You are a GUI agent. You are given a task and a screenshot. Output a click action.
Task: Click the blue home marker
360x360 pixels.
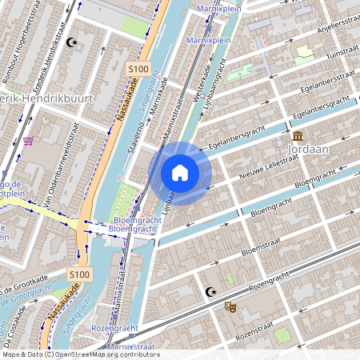(x=180, y=173)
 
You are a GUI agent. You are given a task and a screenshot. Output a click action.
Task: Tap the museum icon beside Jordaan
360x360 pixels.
(x=298, y=135)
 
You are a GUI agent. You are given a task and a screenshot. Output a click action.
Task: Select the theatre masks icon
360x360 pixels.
(x=230, y=306)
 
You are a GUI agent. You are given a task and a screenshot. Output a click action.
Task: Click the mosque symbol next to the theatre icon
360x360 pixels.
(x=211, y=293)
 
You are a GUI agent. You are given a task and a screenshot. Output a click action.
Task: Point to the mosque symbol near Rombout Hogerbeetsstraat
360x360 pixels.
(x=73, y=42)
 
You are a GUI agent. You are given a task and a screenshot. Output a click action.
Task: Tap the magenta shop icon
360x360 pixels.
(x=29, y=141)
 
